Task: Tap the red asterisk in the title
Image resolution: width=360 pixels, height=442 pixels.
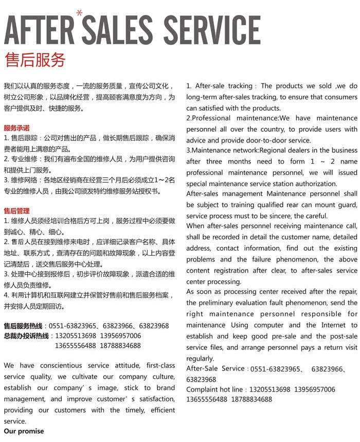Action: pos(79,13)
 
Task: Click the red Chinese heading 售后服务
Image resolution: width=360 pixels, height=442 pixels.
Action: pos(35,60)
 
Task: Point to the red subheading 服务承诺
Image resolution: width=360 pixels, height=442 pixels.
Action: pos(17,128)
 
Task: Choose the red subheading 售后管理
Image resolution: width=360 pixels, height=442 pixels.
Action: pos(17,210)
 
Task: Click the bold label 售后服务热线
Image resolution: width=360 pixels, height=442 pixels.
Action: pos(24,326)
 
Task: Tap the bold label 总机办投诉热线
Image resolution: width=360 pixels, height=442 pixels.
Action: pos(26,335)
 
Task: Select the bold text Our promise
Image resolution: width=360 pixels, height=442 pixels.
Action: pos(24,431)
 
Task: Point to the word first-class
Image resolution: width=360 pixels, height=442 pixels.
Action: pos(161,365)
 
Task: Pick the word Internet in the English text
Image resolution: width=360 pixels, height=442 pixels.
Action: pos(333,325)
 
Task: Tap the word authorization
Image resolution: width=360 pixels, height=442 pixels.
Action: pos(311,183)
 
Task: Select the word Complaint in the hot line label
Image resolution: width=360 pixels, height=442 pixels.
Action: pos(203,390)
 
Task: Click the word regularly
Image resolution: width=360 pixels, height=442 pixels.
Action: pos(200,358)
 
